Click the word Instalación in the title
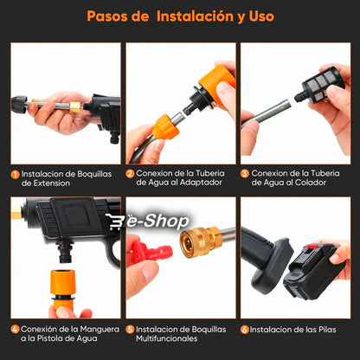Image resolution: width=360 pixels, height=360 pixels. click(195, 16)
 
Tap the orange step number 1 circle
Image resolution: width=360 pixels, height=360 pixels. click(15, 175)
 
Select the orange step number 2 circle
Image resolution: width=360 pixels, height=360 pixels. click(130, 174)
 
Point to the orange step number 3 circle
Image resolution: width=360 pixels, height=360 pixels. click(245, 174)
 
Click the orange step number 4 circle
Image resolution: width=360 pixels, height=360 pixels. click(15, 330)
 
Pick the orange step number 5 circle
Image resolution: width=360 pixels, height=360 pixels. click(130, 330)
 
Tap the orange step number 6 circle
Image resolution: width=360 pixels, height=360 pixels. click(245, 330)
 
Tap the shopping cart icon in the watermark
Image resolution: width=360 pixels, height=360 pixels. click(114, 222)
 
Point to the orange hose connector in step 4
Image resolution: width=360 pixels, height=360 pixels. click(62, 288)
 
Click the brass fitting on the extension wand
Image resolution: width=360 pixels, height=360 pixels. click(75, 106)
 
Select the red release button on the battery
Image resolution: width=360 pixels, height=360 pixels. click(312, 247)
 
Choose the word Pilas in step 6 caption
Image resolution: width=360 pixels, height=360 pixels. click(327, 330)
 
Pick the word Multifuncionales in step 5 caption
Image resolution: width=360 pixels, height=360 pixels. click(167, 338)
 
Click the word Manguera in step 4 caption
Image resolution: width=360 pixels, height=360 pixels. click(100, 330)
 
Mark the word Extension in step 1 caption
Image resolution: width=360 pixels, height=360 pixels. click(52, 183)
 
